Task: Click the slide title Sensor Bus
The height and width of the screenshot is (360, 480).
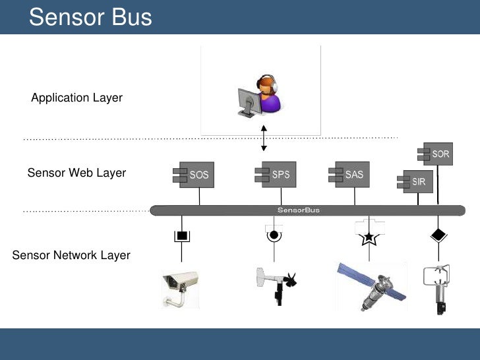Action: pos(90,17)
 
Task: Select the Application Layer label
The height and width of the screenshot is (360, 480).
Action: pos(76,98)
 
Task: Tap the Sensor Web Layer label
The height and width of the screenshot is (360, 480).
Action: pos(76,173)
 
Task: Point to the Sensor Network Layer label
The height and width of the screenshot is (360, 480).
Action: pos(71,255)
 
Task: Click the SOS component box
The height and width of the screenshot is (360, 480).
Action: pos(195,175)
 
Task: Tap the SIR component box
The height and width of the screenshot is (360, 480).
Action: pos(415,181)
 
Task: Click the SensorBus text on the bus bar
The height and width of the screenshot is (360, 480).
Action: pos(299,210)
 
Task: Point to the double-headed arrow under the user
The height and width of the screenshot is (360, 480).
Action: pos(264,138)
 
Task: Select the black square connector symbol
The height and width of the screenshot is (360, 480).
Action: pos(181,235)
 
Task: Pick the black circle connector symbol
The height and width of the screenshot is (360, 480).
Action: pos(272,234)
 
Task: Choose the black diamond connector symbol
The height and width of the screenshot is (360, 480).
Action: pos(437,234)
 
